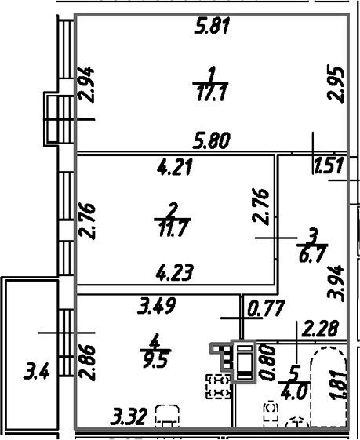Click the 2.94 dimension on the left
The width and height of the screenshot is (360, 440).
tap(88, 84)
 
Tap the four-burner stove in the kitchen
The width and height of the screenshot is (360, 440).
tap(218, 387)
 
